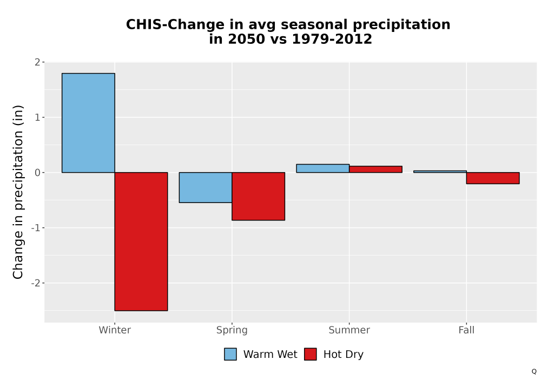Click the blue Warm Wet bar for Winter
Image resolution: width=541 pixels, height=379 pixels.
(x=88, y=123)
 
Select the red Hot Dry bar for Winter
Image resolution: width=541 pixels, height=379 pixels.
(x=141, y=241)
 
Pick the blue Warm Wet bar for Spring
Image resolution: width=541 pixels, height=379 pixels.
(x=206, y=187)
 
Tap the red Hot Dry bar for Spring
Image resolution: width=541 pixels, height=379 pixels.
(x=259, y=196)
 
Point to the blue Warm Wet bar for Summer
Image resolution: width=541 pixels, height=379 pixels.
(x=323, y=168)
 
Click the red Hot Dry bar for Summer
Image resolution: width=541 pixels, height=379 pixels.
(x=376, y=169)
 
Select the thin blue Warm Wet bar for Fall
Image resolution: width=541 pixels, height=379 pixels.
(x=440, y=172)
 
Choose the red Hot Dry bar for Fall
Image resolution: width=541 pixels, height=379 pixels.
(x=493, y=178)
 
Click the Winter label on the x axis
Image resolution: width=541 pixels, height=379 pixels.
(x=115, y=330)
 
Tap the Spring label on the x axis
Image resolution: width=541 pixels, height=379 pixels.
(x=232, y=330)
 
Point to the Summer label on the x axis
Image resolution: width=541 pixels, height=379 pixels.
(x=349, y=330)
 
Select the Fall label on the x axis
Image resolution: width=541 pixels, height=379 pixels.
(x=466, y=330)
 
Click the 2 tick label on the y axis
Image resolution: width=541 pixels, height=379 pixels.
(x=37, y=62)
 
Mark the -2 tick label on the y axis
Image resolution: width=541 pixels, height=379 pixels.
(x=36, y=283)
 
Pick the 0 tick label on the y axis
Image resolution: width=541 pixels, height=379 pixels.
(x=37, y=173)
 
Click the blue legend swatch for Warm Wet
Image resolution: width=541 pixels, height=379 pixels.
(x=230, y=354)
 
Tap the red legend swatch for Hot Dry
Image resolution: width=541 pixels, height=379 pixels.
(x=311, y=354)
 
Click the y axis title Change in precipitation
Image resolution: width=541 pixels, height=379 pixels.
(x=18, y=192)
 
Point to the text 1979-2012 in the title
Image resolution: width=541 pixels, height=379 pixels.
(x=332, y=38)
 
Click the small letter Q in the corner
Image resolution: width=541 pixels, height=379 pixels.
(x=534, y=371)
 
